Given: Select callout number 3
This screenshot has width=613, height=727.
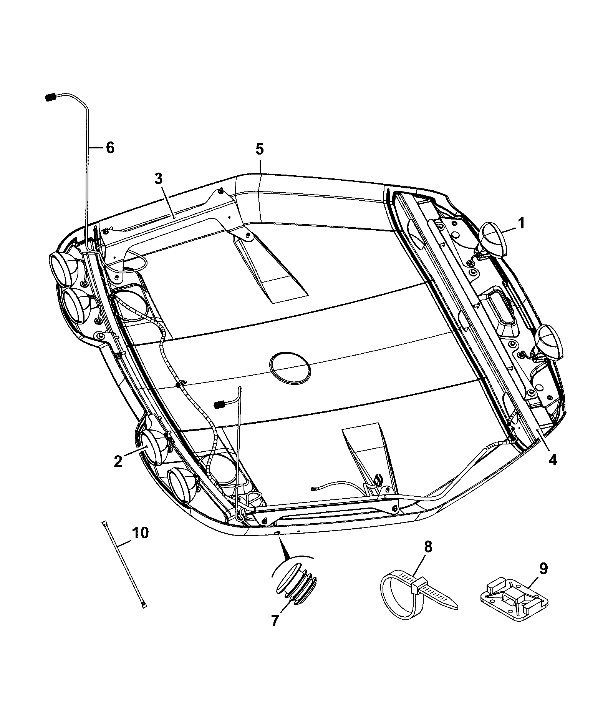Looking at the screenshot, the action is pos(159,179).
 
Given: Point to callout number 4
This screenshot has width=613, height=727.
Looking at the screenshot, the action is pos(552,459).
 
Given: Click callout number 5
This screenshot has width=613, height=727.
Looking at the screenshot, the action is pos(260,149).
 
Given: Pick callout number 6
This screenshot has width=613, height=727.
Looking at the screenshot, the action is pos(110,147).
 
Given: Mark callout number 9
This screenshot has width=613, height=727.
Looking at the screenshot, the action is pos(544,569).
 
